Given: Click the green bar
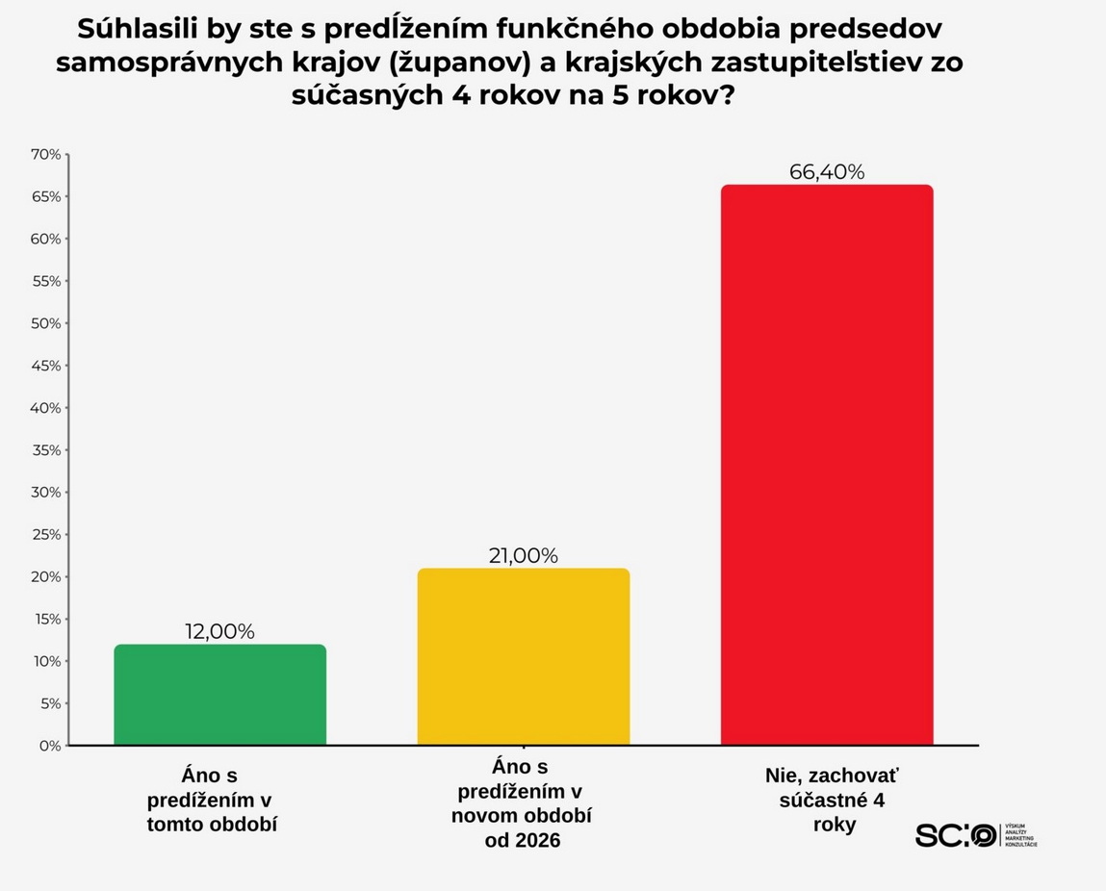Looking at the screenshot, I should point(219,695).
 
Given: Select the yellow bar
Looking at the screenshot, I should point(523,657).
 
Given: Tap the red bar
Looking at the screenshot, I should point(827,465).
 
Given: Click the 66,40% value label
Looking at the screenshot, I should point(827,172).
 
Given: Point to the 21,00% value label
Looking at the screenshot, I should point(523,555).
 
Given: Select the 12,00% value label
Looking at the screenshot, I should point(219,632).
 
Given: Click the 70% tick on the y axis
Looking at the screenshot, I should point(45,154).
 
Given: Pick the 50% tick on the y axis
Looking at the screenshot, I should point(45,323).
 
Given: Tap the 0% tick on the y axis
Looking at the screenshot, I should point(49,746).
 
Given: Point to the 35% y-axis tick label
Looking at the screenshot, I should point(45,450).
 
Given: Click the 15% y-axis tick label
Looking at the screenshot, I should point(45,619).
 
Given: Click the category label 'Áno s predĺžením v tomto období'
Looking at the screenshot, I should point(212,800).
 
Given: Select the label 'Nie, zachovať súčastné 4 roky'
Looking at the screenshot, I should point(834,800).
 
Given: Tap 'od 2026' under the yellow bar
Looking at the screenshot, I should point(522,841).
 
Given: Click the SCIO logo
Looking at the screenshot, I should point(956,835).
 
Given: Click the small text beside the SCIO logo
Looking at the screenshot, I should point(1020,835).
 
